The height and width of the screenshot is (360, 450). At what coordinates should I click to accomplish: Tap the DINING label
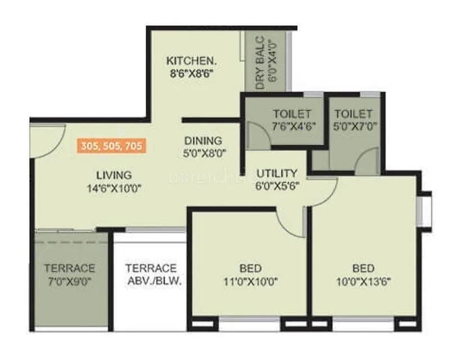coord(203,141)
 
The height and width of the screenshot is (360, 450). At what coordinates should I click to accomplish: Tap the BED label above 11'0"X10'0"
coord(250,268)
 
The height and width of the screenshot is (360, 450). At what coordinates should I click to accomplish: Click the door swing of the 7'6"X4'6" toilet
coord(254,136)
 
